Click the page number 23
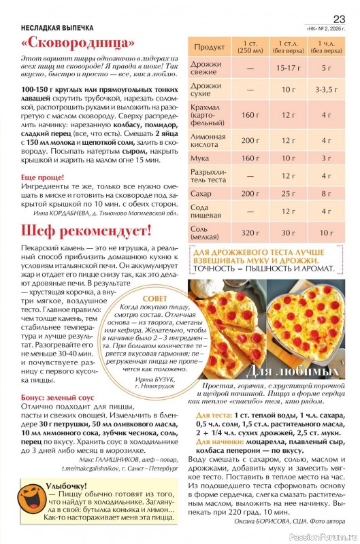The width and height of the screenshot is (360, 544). coord(339,18)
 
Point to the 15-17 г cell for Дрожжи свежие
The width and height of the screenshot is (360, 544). coord(289,68)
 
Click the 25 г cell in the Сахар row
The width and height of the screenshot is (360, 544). coord(289,193)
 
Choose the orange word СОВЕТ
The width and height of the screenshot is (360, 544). coord(155,298)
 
